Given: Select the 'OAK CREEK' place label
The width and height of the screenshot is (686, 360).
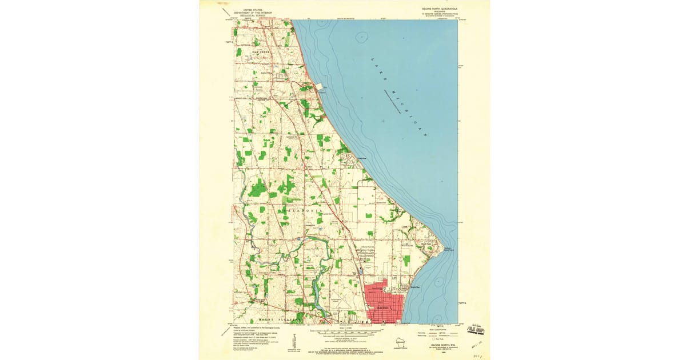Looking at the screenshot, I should click(x=261, y=52).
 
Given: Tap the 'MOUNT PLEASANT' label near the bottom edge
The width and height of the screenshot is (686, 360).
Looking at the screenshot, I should click(x=280, y=318).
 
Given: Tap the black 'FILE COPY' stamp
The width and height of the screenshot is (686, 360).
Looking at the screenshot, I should click(x=476, y=330).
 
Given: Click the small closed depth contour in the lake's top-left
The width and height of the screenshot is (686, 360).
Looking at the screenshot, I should click(x=361, y=37).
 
